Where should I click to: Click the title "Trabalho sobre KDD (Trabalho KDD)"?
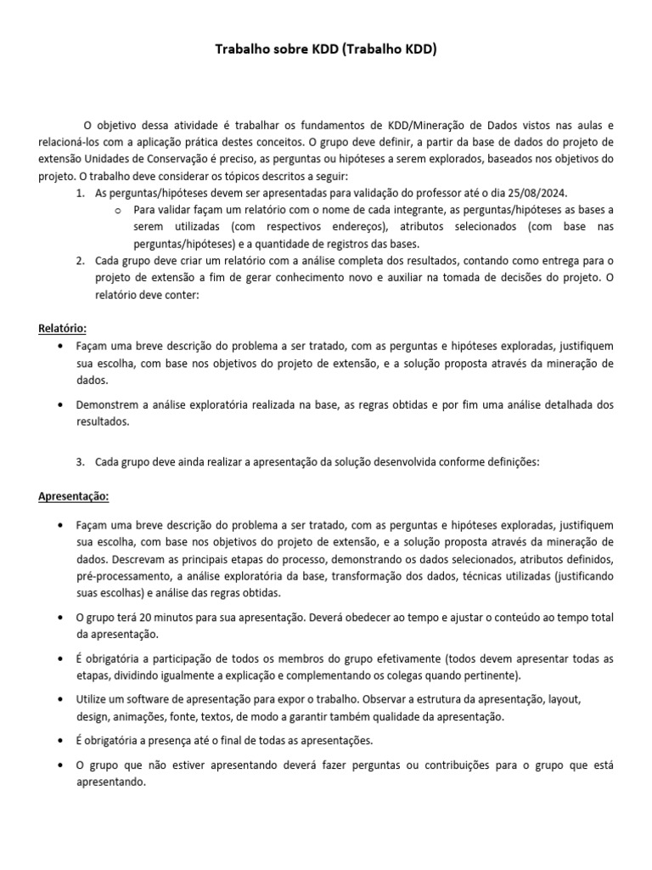(x=325, y=50)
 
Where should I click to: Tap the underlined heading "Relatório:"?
(x=63, y=328)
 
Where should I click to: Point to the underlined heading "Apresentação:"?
(x=74, y=495)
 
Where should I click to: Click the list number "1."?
(x=80, y=194)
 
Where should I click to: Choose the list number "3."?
(x=80, y=461)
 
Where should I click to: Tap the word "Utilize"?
(x=93, y=699)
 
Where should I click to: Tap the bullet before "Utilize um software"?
(x=59, y=699)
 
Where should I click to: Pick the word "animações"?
(x=137, y=716)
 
